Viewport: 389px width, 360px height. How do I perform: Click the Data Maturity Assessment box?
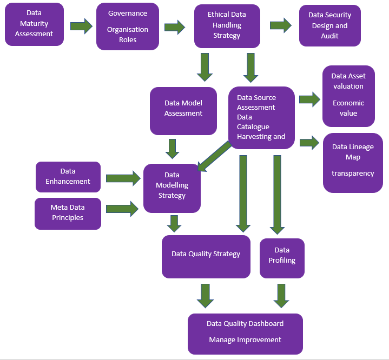tap(35, 24)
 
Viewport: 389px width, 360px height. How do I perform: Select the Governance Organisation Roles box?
tap(128, 26)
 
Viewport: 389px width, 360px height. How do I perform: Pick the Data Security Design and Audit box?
tap(329, 26)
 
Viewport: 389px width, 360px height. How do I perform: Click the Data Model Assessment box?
tap(183, 111)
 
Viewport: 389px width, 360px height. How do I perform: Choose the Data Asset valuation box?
tap(348, 96)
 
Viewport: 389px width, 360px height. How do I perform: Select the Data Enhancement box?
tap(68, 177)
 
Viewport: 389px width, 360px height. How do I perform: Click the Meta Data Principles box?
tap(68, 213)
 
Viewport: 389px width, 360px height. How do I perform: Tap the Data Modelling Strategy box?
tap(172, 188)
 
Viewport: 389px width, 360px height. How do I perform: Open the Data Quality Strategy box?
tap(206, 256)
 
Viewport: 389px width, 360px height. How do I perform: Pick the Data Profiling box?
tap(282, 258)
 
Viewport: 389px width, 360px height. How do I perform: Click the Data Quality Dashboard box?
tap(245, 334)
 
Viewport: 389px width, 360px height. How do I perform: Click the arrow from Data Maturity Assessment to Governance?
tap(81, 26)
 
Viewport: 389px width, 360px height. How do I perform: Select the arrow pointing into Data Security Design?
tap(281, 26)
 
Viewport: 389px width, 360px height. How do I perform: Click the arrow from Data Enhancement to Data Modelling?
tap(122, 177)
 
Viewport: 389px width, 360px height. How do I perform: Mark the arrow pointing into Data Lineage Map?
tap(309, 143)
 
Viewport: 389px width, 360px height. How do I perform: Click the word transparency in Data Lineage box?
tap(353, 174)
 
